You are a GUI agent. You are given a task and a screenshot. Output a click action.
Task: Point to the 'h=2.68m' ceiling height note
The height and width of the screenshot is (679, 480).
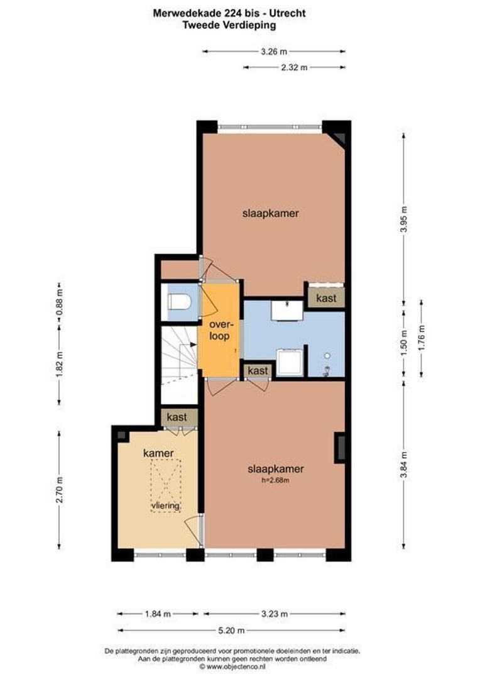coord(276,480)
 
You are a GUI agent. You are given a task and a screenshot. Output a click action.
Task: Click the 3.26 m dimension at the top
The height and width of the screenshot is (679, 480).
coord(274,52)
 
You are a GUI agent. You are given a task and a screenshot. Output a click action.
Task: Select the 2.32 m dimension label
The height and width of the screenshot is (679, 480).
coord(294,67)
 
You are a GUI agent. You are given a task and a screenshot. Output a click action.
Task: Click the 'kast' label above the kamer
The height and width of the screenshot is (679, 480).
coord(177,417)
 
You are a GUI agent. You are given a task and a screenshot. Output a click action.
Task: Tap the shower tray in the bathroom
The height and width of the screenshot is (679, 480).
coord(291,362)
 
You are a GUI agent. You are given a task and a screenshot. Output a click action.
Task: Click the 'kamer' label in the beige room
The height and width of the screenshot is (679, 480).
coord(158,453)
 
